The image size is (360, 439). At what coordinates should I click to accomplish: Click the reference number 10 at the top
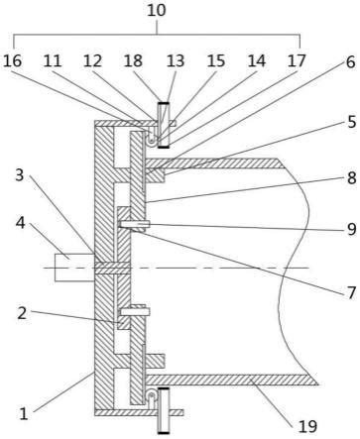pos(157,11)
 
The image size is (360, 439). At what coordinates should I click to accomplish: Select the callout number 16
pos(12,61)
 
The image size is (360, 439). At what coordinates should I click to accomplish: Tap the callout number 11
pos(53,61)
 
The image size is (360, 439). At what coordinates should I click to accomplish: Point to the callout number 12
pos(92,61)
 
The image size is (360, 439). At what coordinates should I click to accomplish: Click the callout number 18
pos(133,61)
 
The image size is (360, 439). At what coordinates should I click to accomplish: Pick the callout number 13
pos(176,61)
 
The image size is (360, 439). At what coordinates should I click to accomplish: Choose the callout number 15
pos(216,61)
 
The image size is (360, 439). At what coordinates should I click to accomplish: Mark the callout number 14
pos(257,61)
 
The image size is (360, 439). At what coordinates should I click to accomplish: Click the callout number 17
pos(297,61)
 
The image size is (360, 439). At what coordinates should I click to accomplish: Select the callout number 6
pos(351,62)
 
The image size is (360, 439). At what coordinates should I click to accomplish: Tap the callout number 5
pos(352,122)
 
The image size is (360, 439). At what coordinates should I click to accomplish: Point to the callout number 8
pos(352,178)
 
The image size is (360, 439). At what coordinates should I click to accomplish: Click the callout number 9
pos(352,229)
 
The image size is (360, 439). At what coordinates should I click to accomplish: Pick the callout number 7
pos(352,292)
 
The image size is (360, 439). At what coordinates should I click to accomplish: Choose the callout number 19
pos(307,426)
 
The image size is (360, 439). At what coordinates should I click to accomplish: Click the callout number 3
pos(20,174)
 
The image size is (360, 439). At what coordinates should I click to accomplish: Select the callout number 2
pos(22,313)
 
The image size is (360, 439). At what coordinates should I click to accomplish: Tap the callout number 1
pos(23,413)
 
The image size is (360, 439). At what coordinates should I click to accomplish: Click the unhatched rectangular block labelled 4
pos(74,268)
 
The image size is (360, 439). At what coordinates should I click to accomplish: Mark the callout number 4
pos(21,223)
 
